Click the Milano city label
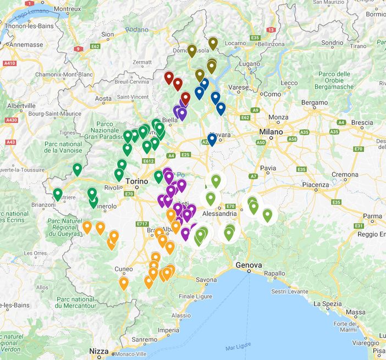click(x=271, y=132)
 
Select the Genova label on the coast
click(x=249, y=265)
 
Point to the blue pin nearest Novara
click(x=212, y=139)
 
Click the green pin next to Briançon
click(x=58, y=194)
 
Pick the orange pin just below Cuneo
click(x=124, y=283)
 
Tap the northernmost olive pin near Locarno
click(x=213, y=43)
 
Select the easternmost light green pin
click(x=267, y=214)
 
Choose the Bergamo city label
click(x=314, y=103)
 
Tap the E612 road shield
click(x=147, y=161)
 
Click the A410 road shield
click(x=9, y=63)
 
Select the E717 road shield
click(x=142, y=224)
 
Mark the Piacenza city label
click(x=314, y=185)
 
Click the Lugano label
click(x=253, y=64)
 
